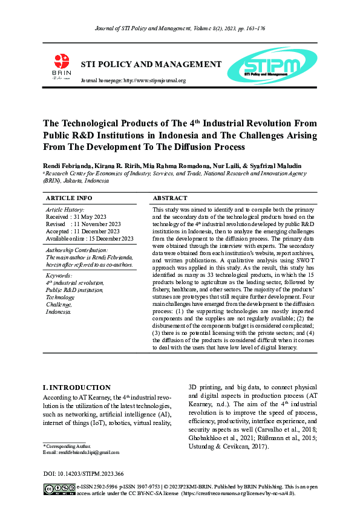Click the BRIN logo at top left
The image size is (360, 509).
62,66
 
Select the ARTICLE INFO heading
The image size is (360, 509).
69,198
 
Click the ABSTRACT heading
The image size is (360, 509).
170,198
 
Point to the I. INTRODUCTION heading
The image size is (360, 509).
77,387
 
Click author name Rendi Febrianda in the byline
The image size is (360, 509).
66,166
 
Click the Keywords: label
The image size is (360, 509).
59,275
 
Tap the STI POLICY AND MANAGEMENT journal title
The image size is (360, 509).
151,64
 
